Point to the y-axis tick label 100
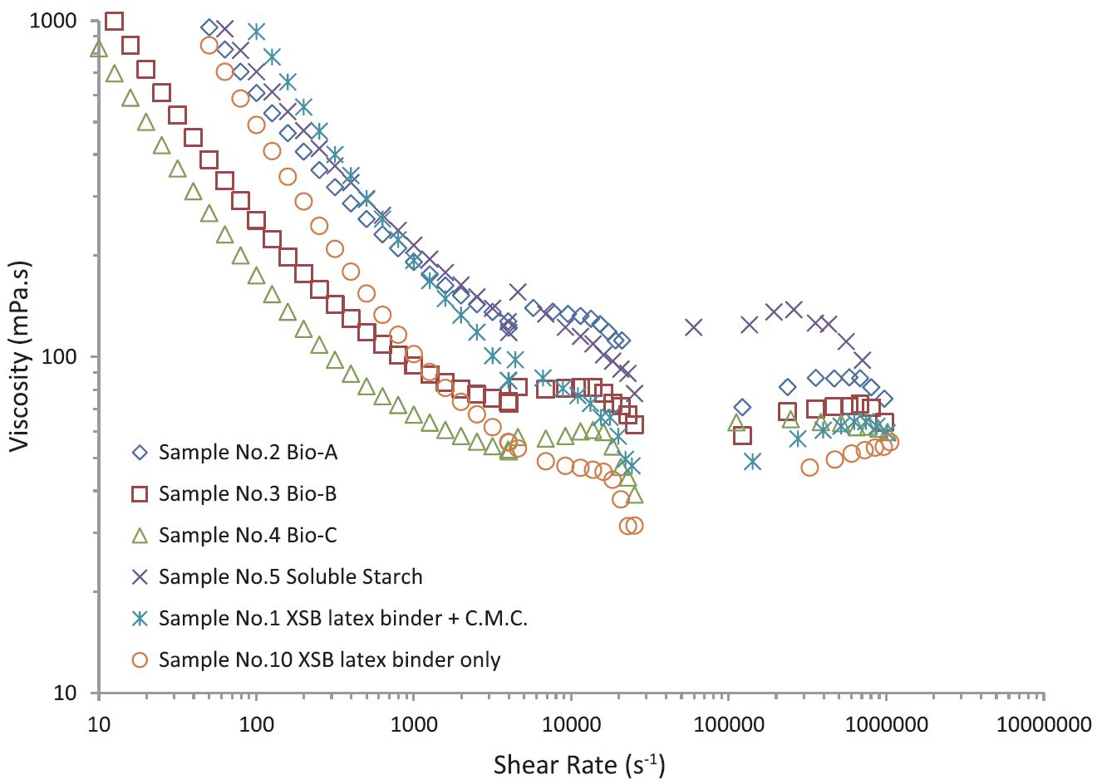click(60, 357)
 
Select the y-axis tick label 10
click(66, 693)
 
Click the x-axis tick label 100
click(256, 723)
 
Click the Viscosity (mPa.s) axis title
click(21, 356)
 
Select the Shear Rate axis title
click(579, 764)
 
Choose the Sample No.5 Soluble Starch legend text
click(290, 577)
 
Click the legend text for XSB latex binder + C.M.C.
click(343, 619)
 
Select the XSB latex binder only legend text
click(329, 660)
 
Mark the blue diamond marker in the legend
click(140, 453)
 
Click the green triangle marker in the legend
click(140, 535)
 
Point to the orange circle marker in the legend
click(140, 660)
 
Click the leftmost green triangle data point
click(99, 48)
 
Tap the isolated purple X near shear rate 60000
click(694, 327)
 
